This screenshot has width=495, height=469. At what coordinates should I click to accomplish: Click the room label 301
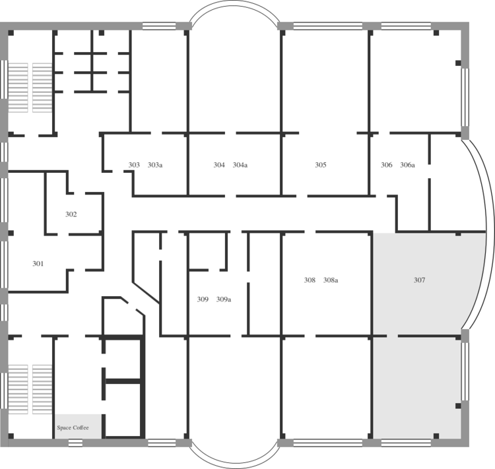[x=38, y=264]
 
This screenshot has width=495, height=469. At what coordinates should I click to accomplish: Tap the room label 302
[x=71, y=214]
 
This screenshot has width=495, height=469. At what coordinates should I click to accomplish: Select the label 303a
[x=155, y=165]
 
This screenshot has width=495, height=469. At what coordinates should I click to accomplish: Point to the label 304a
[x=240, y=165]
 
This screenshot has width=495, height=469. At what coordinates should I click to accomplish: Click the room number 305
[x=321, y=165]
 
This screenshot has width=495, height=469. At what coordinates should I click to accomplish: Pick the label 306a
[x=408, y=165]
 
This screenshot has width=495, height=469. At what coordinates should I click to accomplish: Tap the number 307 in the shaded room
[x=420, y=280]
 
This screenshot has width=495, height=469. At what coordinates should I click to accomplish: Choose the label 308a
[x=331, y=280]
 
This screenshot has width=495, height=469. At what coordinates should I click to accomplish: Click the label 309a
[x=224, y=299]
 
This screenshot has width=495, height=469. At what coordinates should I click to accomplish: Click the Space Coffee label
[x=73, y=427]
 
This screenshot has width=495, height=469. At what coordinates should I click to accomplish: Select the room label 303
[x=134, y=165]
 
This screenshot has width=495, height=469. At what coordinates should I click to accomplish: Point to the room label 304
[x=219, y=165]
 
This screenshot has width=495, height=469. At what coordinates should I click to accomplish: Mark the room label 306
[x=386, y=165]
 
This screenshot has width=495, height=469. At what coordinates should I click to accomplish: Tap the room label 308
[x=310, y=280]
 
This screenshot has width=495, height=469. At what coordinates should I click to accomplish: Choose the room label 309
[x=203, y=299]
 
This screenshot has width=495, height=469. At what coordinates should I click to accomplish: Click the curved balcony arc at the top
[x=234, y=1]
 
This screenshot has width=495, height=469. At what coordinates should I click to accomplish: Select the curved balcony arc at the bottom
[x=234, y=467]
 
